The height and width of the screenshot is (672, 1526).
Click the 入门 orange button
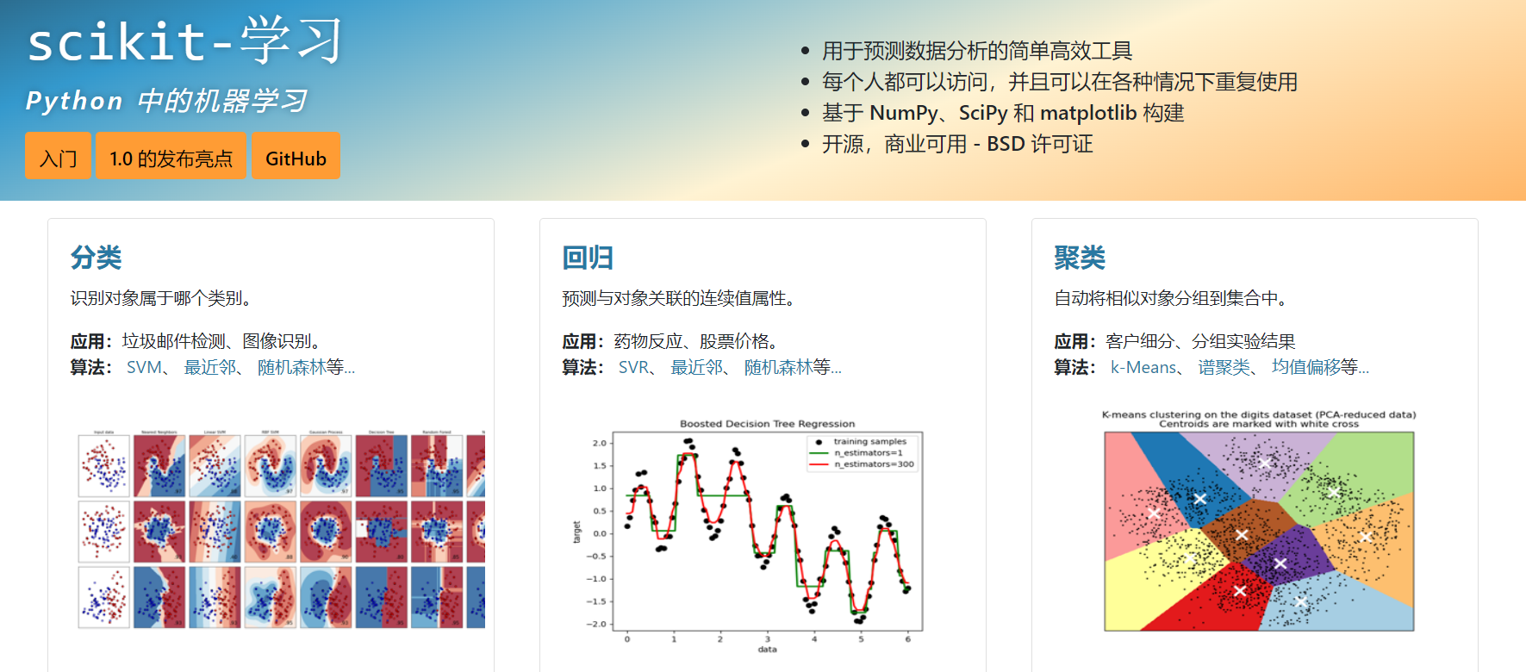(58, 157)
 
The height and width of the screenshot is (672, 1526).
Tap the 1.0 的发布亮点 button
(171, 157)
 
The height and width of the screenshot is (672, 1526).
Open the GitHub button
(296, 157)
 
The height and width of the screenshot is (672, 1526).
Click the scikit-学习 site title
(184, 41)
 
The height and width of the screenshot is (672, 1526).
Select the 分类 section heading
(96, 258)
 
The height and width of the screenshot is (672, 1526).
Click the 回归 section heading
(588, 258)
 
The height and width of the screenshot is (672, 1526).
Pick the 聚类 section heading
(1080, 258)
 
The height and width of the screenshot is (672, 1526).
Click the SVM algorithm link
(144, 368)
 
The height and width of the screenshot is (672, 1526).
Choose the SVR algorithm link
(633, 368)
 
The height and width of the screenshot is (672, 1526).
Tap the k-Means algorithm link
(1143, 368)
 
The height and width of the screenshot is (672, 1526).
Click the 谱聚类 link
(1224, 368)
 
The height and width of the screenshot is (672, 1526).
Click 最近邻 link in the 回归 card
(697, 368)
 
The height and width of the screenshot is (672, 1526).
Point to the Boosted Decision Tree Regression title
(767, 424)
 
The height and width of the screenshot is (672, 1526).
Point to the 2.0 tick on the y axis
(600, 443)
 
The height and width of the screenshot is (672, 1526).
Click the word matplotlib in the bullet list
(1088, 113)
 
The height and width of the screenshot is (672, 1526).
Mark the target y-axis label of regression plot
(577, 532)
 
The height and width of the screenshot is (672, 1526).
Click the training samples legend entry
(869, 442)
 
